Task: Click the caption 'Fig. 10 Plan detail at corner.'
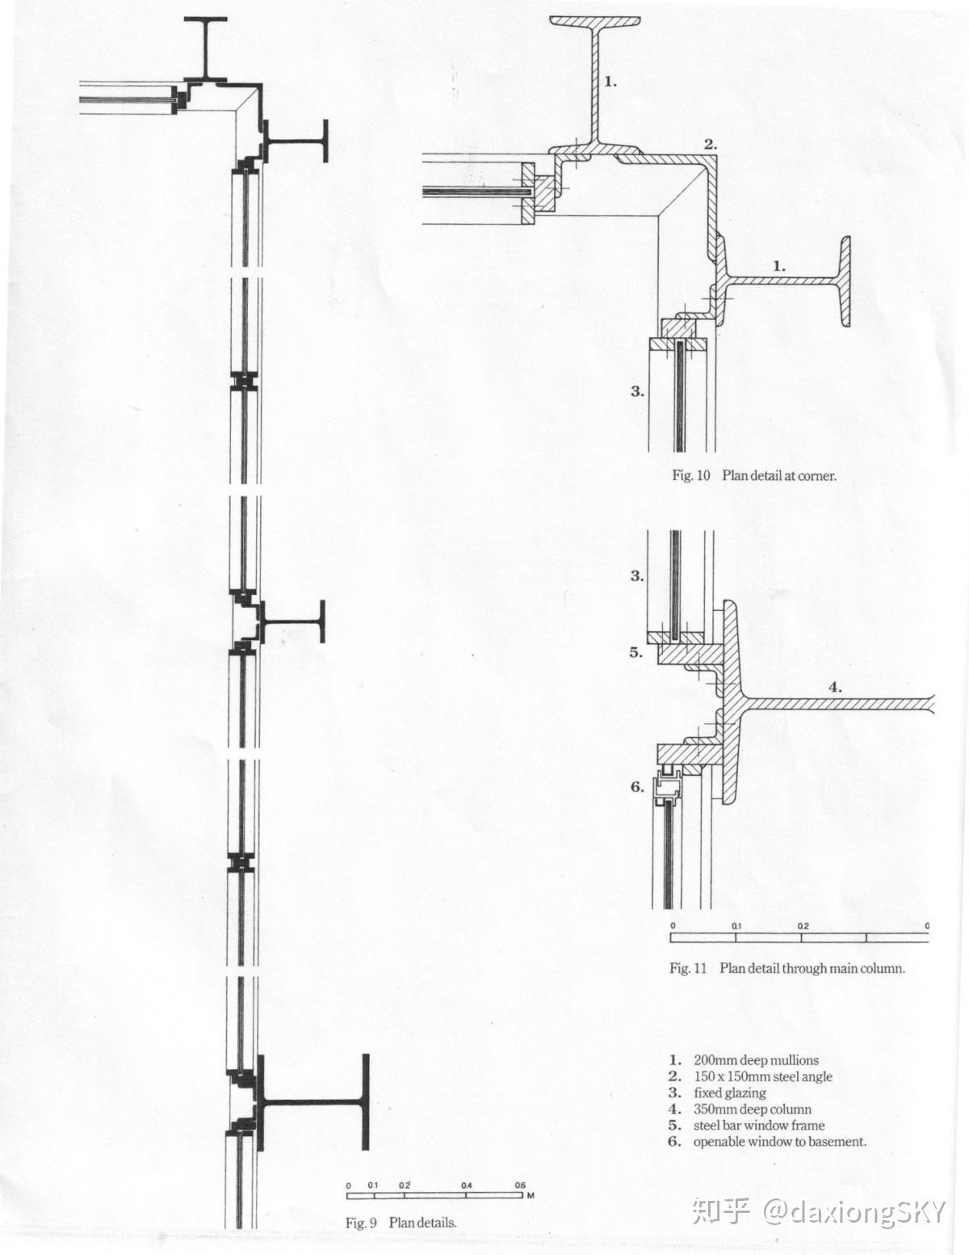[x=754, y=475]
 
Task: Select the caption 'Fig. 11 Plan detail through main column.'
[x=787, y=967]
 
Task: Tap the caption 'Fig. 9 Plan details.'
[x=401, y=1223]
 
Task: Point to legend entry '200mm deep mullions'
[x=755, y=1060]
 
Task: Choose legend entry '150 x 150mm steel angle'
[x=762, y=1076]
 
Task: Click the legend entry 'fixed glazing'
[x=729, y=1093]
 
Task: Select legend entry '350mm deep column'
[x=752, y=1110]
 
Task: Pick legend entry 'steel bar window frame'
[x=758, y=1125]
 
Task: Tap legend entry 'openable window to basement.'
[x=779, y=1142]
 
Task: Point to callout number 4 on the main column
[x=835, y=688]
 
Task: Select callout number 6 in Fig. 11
[x=636, y=785]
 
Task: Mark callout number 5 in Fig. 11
[x=636, y=653]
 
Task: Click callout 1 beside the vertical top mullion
[x=610, y=81]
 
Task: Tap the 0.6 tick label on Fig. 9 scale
[x=520, y=1186]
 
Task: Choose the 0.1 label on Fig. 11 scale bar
[x=736, y=925]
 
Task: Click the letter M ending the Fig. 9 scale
[x=531, y=1195]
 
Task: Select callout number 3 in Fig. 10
[x=637, y=391]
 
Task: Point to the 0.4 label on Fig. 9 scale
[x=467, y=1186]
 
